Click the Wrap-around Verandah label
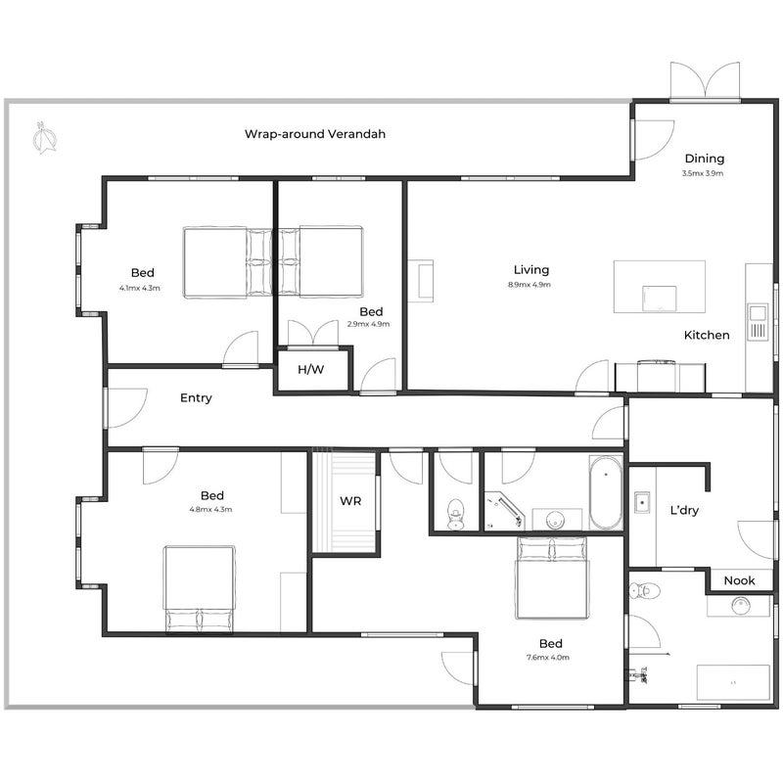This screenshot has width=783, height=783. pyautogui.click(x=314, y=134)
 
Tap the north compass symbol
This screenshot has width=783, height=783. pyautogui.click(x=44, y=138)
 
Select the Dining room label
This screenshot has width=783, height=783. pyautogui.click(x=704, y=159)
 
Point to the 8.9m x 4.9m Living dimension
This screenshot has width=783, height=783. pyautogui.click(x=530, y=285)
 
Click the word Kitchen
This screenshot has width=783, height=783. pyautogui.click(x=707, y=335)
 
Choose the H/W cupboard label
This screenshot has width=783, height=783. pyautogui.click(x=310, y=370)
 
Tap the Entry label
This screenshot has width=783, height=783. pyautogui.click(x=196, y=398)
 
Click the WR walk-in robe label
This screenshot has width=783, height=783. pyautogui.click(x=350, y=501)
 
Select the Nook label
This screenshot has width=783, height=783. pyautogui.click(x=739, y=580)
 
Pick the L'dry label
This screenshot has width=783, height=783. pyautogui.click(x=684, y=510)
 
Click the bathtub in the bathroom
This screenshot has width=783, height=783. pyautogui.click(x=606, y=492)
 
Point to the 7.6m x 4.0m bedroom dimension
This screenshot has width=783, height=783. pyautogui.click(x=548, y=658)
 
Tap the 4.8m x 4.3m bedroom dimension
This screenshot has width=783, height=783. pyautogui.click(x=210, y=510)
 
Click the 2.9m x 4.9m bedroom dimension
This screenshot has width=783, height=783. pyautogui.click(x=369, y=324)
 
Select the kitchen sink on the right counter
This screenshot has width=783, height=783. pyautogui.click(x=757, y=322)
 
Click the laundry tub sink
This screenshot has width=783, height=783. pyautogui.click(x=642, y=502)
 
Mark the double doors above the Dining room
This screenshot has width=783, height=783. pyautogui.click(x=705, y=80)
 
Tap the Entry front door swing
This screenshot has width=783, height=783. pyautogui.click(x=127, y=408)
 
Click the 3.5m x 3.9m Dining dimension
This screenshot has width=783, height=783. pyautogui.click(x=703, y=174)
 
